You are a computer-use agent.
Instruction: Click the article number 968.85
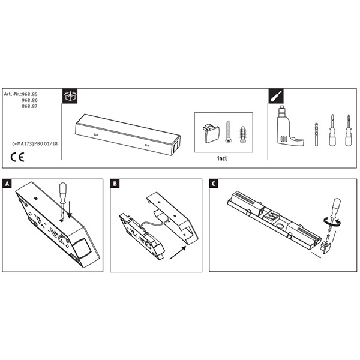29,94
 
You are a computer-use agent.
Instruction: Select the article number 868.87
29,106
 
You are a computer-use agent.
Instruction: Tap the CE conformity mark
17,157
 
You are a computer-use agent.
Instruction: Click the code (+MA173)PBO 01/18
35,144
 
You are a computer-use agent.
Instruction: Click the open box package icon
70,96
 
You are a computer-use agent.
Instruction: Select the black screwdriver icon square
276,96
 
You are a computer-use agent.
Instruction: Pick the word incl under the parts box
222,158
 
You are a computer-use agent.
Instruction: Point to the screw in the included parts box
228,131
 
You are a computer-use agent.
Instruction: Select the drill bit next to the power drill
316,134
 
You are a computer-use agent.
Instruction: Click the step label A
7,184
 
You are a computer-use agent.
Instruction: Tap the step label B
115,184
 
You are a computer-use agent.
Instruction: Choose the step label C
214,184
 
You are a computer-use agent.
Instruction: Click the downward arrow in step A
70,209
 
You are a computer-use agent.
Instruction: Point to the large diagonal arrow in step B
178,253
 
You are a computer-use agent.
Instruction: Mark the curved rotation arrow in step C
332,222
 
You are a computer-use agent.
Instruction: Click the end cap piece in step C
326,247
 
